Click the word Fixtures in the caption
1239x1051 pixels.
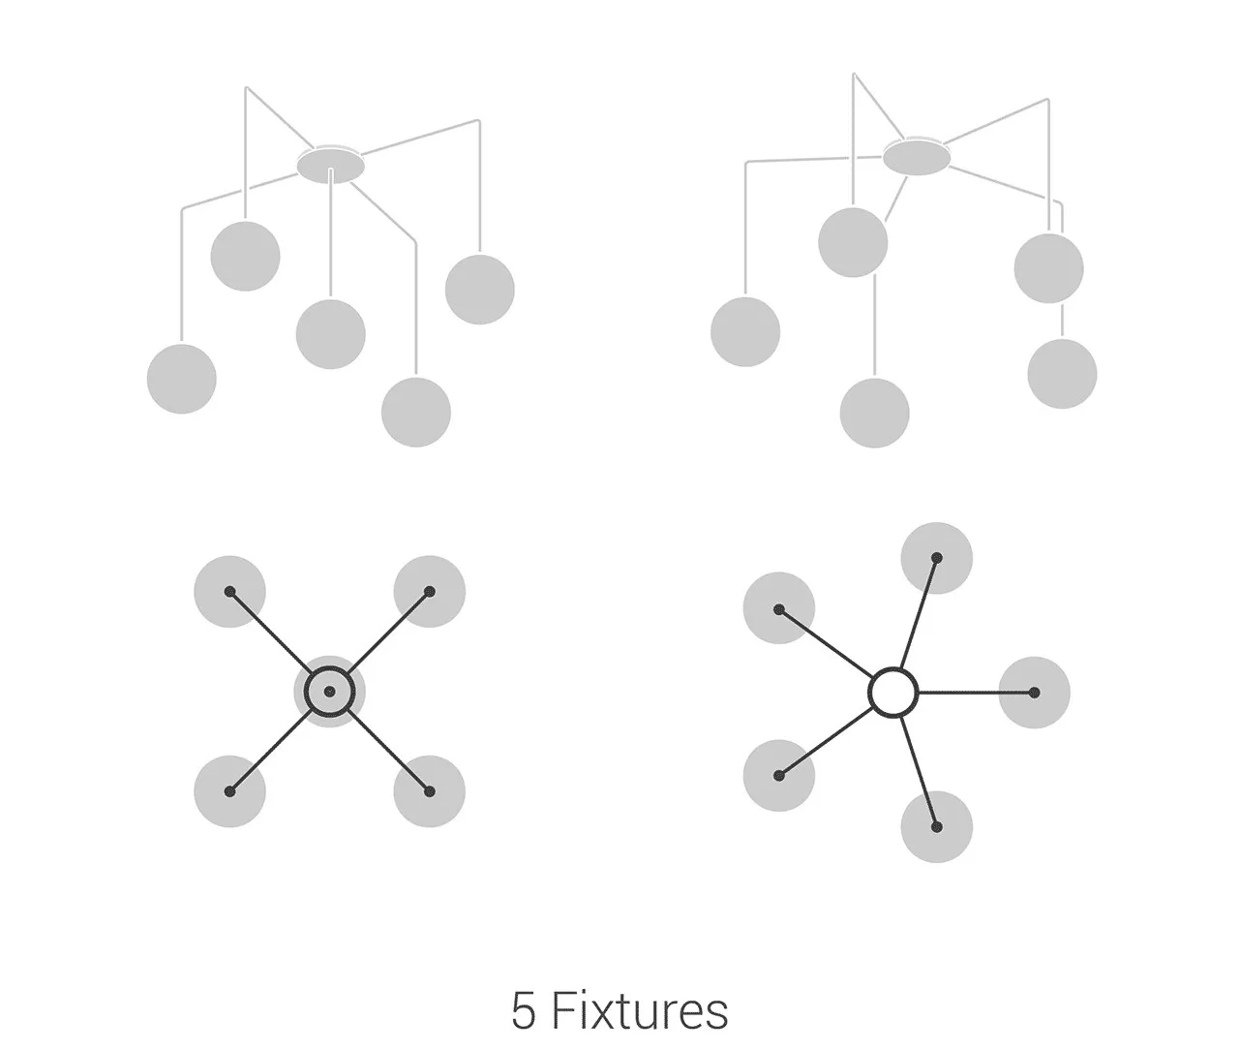pos(640,1011)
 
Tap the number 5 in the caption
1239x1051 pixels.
pos(523,1012)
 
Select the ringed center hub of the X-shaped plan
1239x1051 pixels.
pos(330,692)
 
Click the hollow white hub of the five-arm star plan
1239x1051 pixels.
pos(892,693)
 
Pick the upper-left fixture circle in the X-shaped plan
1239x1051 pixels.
pos(229,591)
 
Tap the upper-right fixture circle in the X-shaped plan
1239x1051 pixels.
pos(430,591)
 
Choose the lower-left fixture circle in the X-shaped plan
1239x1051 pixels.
pos(229,791)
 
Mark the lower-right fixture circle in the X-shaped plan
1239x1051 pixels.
pos(430,791)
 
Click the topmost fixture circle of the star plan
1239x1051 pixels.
pos(937,558)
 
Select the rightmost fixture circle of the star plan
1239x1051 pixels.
pos(1034,693)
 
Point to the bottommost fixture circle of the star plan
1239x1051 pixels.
pos(937,826)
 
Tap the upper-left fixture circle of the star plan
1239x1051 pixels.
pos(779,609)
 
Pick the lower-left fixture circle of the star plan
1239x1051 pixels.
pos(779,775)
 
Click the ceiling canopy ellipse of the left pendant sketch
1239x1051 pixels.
pos(331,165)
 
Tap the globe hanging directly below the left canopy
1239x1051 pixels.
pos(331,334)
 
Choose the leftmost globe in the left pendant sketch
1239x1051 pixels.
pos(182,379)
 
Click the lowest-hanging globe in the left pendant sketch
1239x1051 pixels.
pos(416,412)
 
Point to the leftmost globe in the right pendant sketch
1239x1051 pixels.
pos(745,332)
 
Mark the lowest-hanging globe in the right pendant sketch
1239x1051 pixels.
pos(875,413)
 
